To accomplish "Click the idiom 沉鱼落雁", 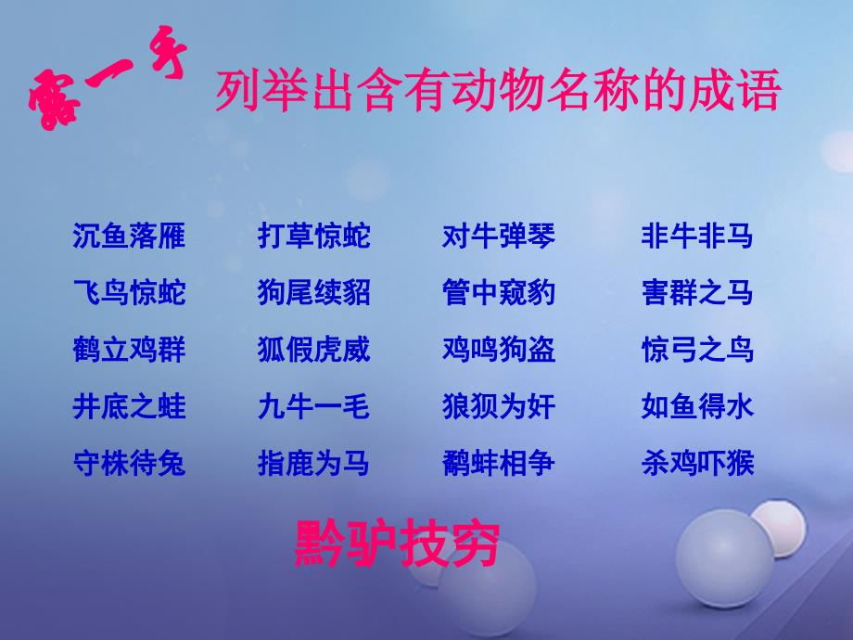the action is pyautogui.click(x=129, y=236).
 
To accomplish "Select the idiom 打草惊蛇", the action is pyautogui.click(x=314, y=236).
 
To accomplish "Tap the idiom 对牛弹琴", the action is pyautogui.click(x=499, y=236).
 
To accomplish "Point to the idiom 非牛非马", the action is pyautogui.click(x=697, y=236).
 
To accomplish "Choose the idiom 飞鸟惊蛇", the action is pyautogui.click(x=129, y=292).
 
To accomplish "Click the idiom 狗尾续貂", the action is pyautogui.click(x=314, y=292).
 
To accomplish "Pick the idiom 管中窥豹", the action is pyautogui.click(x=499, y=292).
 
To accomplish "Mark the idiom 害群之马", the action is pyautogui.click(x=697, y=292).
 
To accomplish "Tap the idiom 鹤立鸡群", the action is pyautogui.click(x=129, y=349).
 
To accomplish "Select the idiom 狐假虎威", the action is pyautogui.click(x=314, y=349).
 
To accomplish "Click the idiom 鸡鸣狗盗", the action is pyautogui.click(x=499, y=349).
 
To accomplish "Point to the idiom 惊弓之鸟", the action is pyautogui.click(x=697, y=349).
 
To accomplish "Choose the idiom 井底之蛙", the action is pyautogui.click(x=129, y=406).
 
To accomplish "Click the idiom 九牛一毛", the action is pyautogui.click(x=314, y=406).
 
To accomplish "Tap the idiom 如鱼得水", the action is pyautogui.click(x=697, y=406).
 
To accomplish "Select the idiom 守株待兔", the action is pyautogui.click(x=129, y=463).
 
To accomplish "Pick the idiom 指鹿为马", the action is pyautogui.click(x=314, y=463).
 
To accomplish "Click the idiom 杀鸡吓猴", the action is pyautogui.click(x=697, y=463).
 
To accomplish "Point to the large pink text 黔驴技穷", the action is pyautogui.click(x=397, y=544).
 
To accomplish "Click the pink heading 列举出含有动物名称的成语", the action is pyautogui.click(x=498, y=90).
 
